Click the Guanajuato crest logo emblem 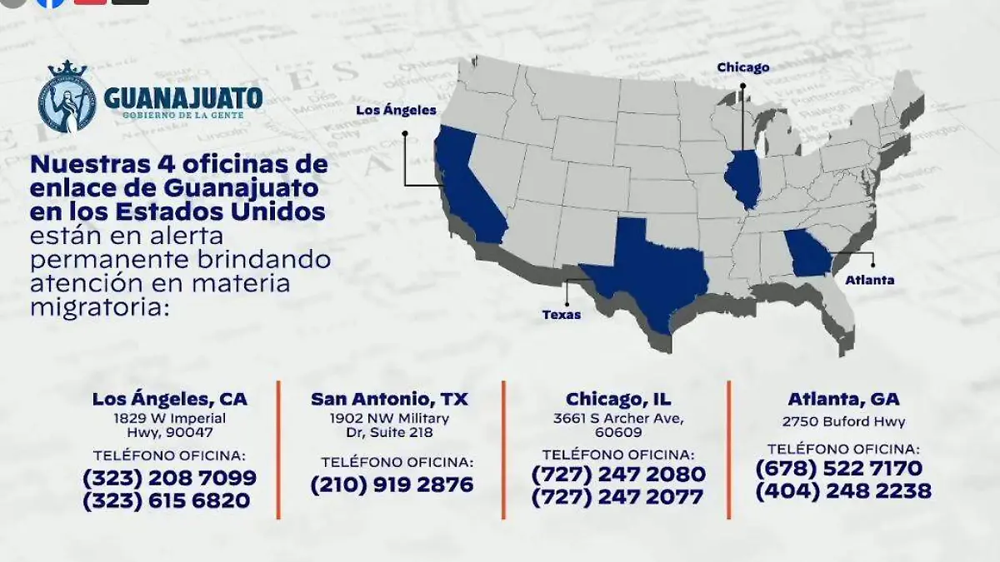(67, 98)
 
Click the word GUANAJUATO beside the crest (183, 98)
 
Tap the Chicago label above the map (742, 67)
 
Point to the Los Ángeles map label (396, 110)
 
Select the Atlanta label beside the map (869, 281)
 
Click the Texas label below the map (561, 315)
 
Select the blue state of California (467, 191)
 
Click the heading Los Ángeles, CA (170, 399)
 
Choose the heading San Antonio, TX (389, 399)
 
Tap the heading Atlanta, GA (843, 399)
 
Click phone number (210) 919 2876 (392, 485)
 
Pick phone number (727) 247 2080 (617, 475)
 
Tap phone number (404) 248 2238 (843, 491)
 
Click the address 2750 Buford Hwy (843, 422)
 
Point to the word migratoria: (99, 307)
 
